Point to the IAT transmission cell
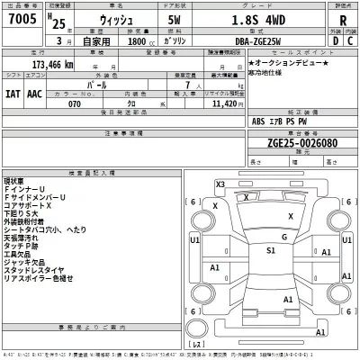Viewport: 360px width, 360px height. (x=13, y=93)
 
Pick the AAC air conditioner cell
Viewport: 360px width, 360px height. (x=33, y=93)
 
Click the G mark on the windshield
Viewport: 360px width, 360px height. (x=283, y=238)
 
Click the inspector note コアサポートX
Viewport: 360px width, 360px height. (x=35, y=205)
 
